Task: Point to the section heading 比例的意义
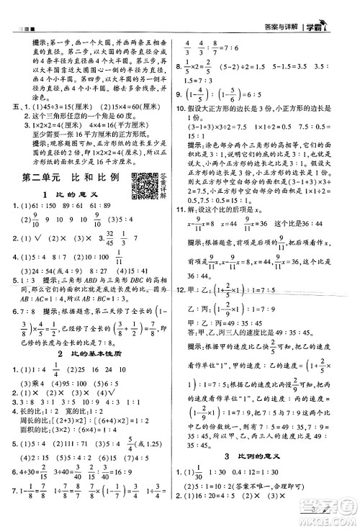pos(269,476)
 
